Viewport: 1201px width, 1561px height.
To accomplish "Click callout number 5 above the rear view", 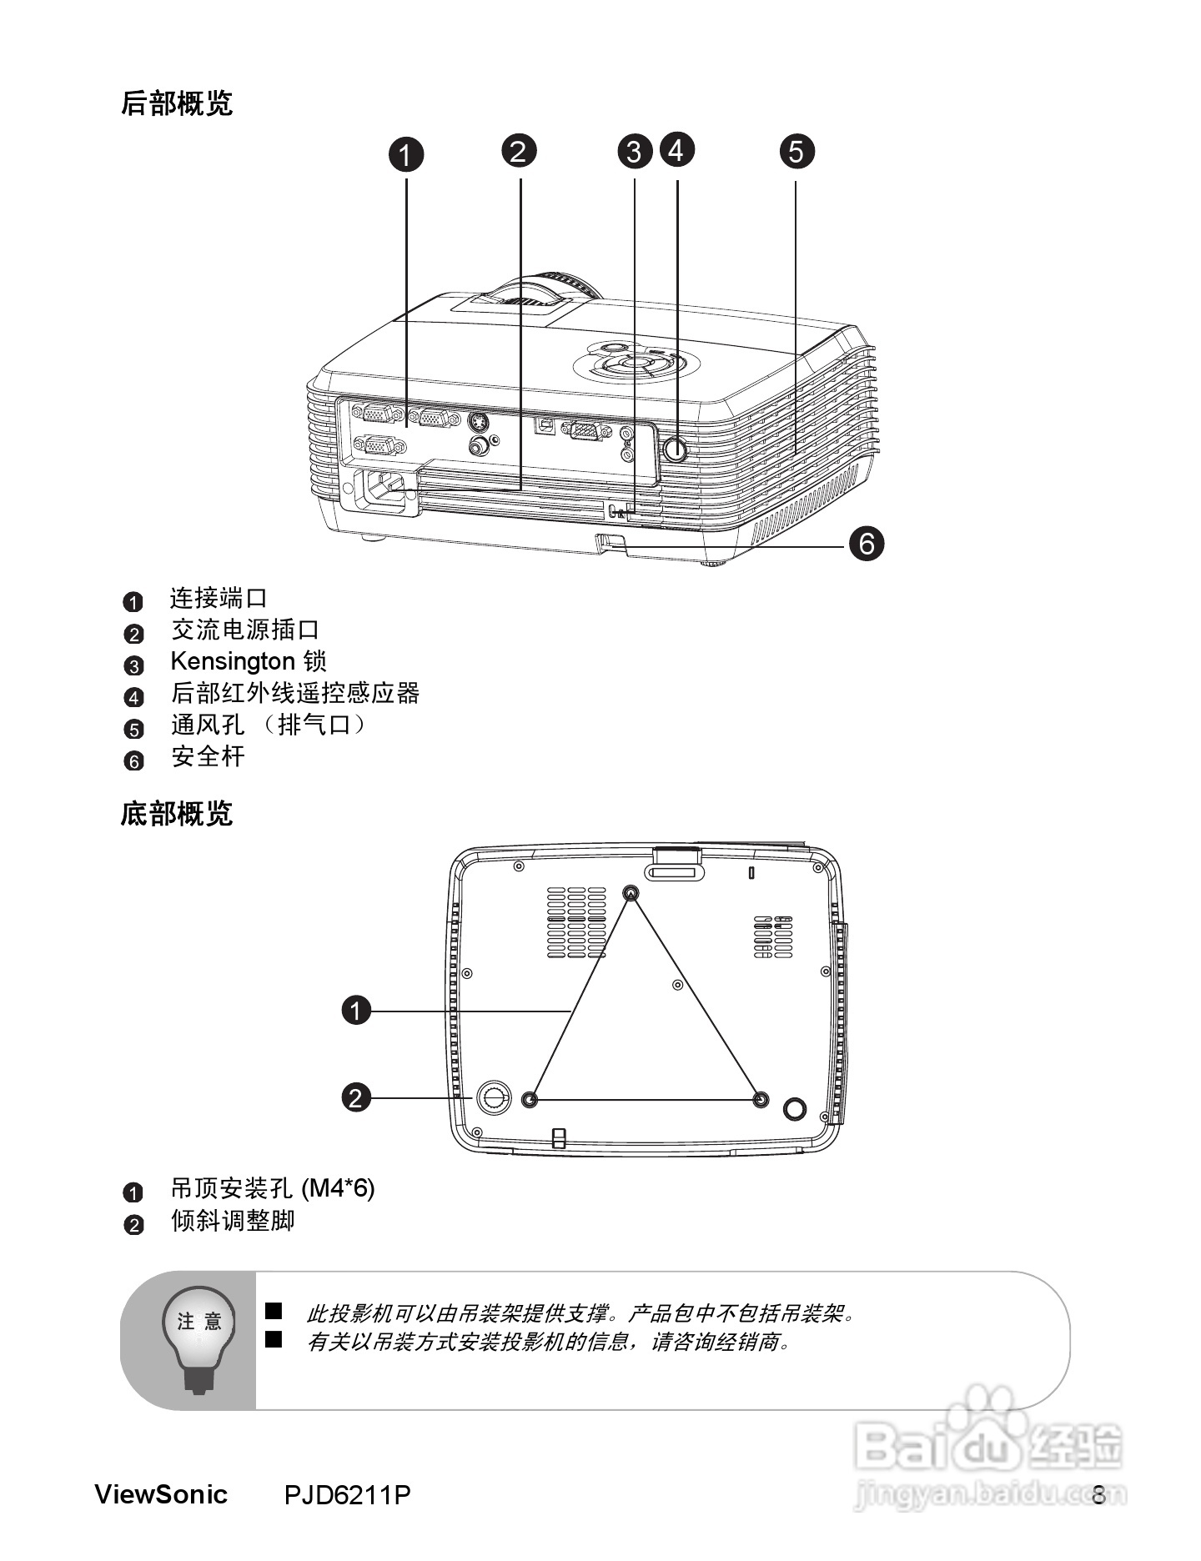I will [796, 152].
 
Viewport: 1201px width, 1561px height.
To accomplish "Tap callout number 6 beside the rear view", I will [867, 544].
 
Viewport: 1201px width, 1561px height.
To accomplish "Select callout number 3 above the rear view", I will [635, 152].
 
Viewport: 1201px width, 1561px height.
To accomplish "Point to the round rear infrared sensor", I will [676, 449].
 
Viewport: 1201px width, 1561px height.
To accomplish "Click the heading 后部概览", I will [177, 104].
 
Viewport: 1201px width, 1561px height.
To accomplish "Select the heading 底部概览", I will [177, 813].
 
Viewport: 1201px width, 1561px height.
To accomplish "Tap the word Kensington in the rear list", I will [233, 661].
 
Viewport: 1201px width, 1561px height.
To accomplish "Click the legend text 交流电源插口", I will [245, 630].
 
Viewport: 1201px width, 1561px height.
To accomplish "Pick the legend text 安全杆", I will [208, 756].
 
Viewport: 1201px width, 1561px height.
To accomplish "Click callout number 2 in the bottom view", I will [356, 1097].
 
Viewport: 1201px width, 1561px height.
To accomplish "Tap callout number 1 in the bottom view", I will [356, 1011].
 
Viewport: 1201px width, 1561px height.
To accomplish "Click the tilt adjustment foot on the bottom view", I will [493, 1097].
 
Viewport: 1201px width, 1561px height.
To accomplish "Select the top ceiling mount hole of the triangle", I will [631, 893].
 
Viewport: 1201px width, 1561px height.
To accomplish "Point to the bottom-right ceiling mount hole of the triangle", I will [760, 1100].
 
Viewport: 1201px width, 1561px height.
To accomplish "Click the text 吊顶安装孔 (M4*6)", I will [273, 1188].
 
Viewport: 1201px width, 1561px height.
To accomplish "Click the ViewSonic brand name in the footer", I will [161, 1493].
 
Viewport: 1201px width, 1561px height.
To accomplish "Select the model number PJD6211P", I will [347, 1494].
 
